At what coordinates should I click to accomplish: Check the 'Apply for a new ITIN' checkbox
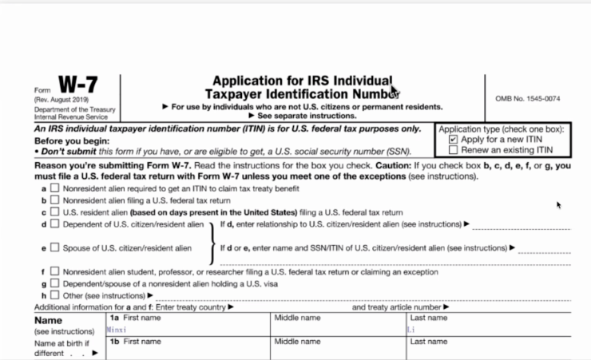pos(454,139)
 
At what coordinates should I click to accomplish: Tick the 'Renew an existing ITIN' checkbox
pos(454,149)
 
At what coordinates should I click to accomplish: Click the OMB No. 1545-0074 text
pos(528,98)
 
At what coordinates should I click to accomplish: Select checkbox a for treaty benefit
pos(54,188)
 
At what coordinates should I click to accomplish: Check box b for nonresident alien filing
pos(54,200)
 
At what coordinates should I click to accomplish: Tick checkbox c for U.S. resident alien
pos(54,212)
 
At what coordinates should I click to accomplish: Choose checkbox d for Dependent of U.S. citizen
pos(54,224)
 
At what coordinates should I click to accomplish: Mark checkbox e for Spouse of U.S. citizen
pos(54,247)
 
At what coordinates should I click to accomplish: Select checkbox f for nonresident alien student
pos(54,271)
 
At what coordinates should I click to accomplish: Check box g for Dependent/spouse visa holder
pos(54,283)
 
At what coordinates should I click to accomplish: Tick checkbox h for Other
pos(54,295)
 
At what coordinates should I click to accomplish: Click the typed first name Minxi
pos(117,328)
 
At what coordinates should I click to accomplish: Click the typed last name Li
pos(411,328)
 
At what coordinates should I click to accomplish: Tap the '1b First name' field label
pos(135,342)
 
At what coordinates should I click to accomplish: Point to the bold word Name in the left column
pos(48,319)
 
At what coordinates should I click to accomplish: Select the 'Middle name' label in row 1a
pos(297,318)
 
